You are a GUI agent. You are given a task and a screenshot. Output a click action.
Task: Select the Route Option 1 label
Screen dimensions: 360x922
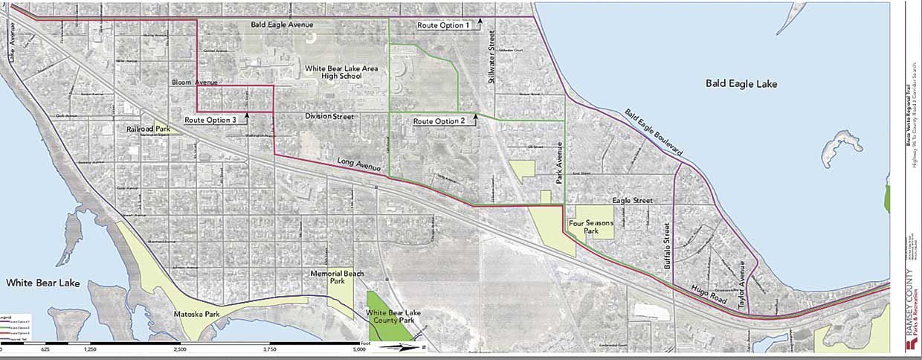coord(443,25)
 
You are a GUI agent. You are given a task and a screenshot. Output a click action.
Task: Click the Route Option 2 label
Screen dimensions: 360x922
coord(439,120)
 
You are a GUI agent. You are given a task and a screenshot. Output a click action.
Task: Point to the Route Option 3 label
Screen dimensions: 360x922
coord(210,120)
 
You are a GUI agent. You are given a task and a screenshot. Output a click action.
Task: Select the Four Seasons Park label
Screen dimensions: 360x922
coord(584,227)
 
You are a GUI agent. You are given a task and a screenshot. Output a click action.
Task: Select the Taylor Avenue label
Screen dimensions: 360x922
coord(741,285)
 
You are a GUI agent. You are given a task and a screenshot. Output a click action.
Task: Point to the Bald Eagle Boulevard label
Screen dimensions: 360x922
coord(653,133)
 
